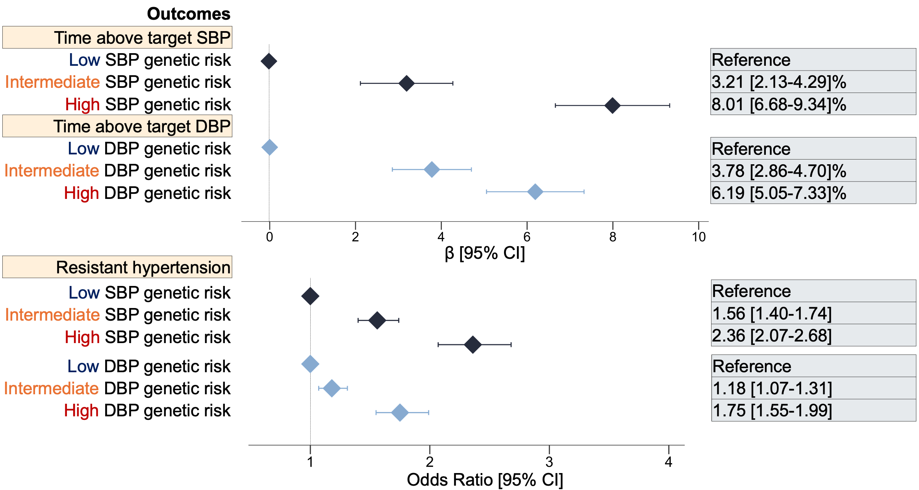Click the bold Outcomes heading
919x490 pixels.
click(x=188, y=14)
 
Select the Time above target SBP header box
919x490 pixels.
click(x=117, y=38)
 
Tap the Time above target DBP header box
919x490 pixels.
click(x=117, y=126)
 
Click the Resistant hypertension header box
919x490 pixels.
click(x=117, y=267)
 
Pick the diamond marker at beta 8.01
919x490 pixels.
click(x=612, y=106)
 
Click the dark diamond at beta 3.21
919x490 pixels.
click(x=406, y=84)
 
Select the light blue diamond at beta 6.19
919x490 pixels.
click(x=535, y=192)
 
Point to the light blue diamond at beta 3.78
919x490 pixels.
click(x=432, y=170)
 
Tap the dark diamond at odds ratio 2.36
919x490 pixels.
click(x=472, y=345)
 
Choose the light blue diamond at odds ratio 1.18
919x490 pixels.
click(x=332, y=388)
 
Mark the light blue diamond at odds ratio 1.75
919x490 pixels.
click(x=400, y=413)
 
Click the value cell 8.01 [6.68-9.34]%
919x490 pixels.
click(x=813, y=104)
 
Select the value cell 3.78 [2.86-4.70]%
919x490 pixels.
click(x=813, y=171)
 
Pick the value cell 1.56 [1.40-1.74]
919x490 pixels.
click(x=813, y=314)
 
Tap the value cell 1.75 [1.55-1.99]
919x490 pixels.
click(x=813, y=410)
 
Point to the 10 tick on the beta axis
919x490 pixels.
click(x=699, y=237)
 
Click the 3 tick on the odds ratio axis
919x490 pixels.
click(x=549, y=462)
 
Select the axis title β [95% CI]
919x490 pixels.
click(x=485, y=253)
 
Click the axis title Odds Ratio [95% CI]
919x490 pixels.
click(x=485, y=480)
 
